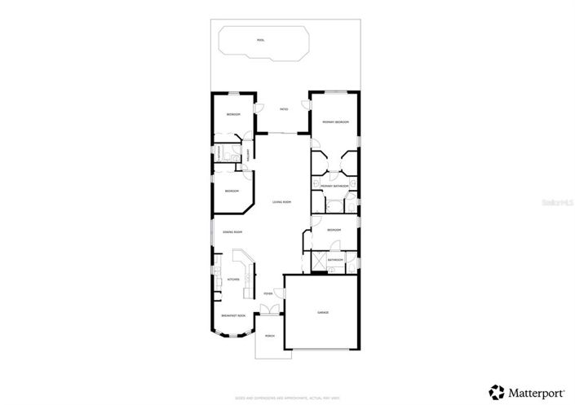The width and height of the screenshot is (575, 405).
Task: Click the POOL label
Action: pos(260,40)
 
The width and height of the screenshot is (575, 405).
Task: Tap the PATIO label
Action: pos(284,109)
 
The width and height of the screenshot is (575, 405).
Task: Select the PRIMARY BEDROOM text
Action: pos(334,122)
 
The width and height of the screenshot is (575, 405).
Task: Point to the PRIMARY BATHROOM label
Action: pos(334,187)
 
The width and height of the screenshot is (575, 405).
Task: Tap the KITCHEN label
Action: pos(233,279)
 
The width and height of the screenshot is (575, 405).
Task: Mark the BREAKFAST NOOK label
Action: pos(233,315)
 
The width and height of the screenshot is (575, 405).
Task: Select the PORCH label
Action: pos(269,336)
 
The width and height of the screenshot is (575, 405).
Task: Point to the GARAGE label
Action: pos(323,312)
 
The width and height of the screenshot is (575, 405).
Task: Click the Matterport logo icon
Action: pos(495,390)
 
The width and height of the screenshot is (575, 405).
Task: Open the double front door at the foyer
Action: pos(269,310)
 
